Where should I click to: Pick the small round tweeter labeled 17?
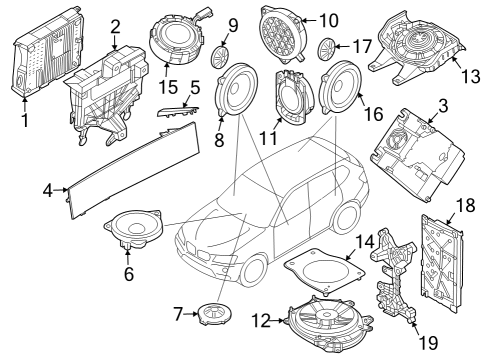326,47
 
